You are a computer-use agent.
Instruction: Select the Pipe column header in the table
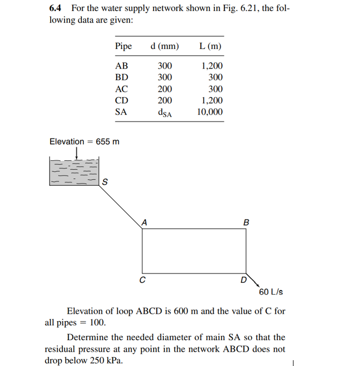[x=123, y=46]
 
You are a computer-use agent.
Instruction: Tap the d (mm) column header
[x=165, y=46]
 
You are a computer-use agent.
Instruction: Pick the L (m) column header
[x=210, y=46]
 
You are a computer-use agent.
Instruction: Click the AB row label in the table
[x=121, y=66]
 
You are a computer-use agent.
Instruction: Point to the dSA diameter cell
[x=165, y=112]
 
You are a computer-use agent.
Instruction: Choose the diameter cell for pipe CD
[x=165, y=100]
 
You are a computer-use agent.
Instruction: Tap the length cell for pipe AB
[x=212, y=66]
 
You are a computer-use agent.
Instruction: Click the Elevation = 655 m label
[x=84, y=141]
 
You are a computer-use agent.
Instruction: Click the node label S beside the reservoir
[x=105, y=182]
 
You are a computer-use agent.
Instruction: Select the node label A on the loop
[x=144, y=223]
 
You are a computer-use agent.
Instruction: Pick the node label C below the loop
[x=143, y=280]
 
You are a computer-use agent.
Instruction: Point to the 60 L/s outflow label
[x=271, y=292]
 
